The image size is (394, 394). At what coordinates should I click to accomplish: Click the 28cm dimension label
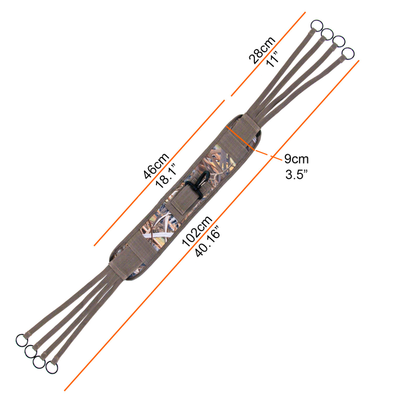(262, 50)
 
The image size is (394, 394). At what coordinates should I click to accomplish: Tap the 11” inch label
(272, 59)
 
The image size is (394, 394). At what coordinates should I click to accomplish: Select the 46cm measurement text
(156, 166)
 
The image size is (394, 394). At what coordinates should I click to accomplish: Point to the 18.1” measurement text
(166, 176)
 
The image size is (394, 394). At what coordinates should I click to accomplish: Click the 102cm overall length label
(197, 231)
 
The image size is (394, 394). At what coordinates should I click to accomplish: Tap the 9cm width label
(297, 159)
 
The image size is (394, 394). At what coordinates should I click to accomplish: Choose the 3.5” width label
(297, 174)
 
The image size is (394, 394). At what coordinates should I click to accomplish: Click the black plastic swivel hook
(198, 183)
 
